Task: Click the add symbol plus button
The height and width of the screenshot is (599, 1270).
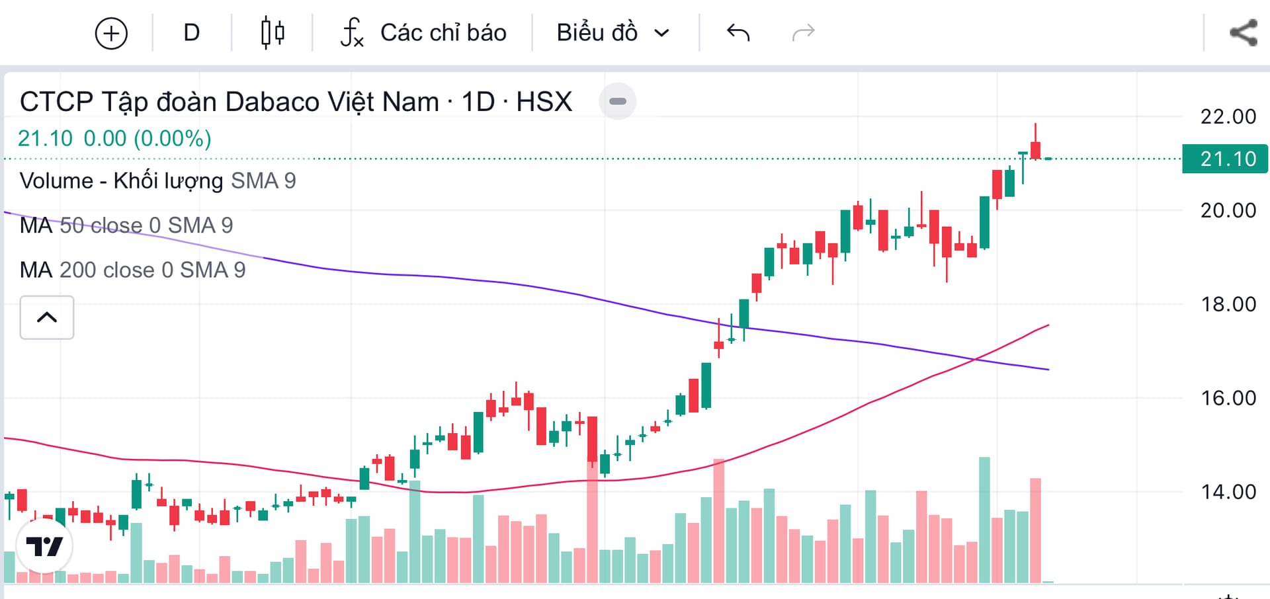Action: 111,33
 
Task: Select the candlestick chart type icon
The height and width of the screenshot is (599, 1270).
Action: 273,33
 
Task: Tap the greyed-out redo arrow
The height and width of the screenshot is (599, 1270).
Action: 803,32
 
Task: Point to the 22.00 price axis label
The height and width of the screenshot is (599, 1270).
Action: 1228,117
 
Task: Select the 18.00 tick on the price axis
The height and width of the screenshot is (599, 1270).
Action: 1228,304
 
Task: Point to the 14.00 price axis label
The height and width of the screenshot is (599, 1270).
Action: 1228,492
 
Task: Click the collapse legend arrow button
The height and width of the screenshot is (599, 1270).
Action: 47,317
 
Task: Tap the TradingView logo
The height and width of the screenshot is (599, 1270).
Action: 44,546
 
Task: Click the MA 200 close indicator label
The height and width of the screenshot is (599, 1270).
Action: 132,270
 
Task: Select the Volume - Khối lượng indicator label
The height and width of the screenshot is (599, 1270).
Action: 157,180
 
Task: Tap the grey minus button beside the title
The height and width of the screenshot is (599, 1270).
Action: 617,101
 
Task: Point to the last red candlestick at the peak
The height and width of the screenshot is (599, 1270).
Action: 1035,149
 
